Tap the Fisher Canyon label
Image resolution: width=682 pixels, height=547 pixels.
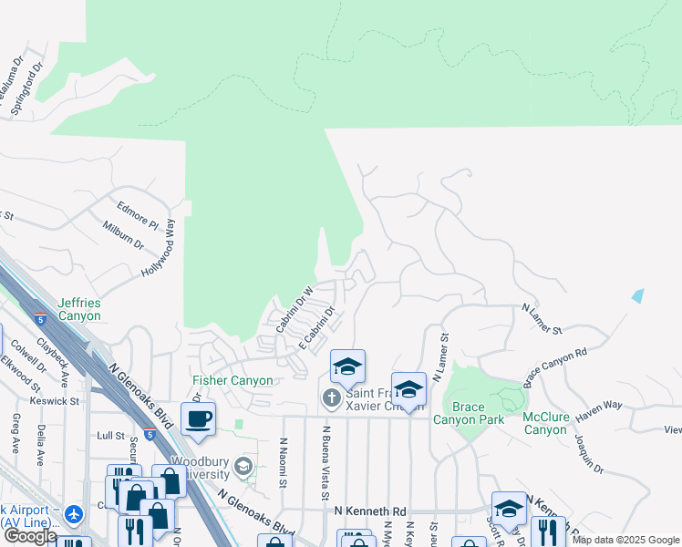pos(232,380)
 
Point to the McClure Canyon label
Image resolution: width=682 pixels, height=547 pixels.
pos(546,423)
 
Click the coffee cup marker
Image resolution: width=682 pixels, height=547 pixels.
pos(198,418)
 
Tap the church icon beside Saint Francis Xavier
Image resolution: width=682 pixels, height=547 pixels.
pos(331,397)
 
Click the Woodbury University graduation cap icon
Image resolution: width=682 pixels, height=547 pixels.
pos(243,468)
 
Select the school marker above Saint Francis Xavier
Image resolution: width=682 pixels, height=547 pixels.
pos(347,366)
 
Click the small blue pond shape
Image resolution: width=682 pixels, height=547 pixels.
pos(636,296)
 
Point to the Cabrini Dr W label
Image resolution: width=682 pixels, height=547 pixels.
pos(295,308)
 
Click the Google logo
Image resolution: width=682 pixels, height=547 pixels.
pos(29,537)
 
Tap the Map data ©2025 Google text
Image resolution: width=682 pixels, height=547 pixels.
pos(625,540)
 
